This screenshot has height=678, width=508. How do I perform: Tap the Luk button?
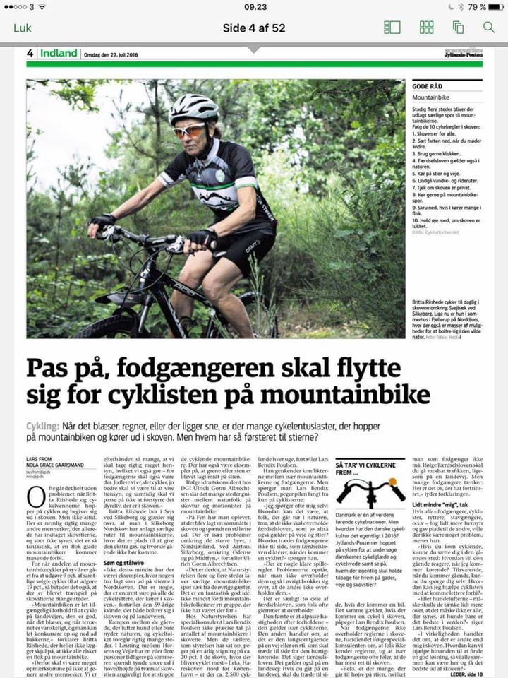coord(23,28)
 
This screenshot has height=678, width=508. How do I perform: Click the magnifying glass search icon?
coord(489,28)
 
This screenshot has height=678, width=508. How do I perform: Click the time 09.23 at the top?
coord(255,7)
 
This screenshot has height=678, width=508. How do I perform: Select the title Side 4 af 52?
coord(254,28)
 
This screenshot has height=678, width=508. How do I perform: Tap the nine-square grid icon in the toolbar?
coord(427,28)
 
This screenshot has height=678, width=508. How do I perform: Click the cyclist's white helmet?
coord(194,107)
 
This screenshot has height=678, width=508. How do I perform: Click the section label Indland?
coord(59,53)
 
